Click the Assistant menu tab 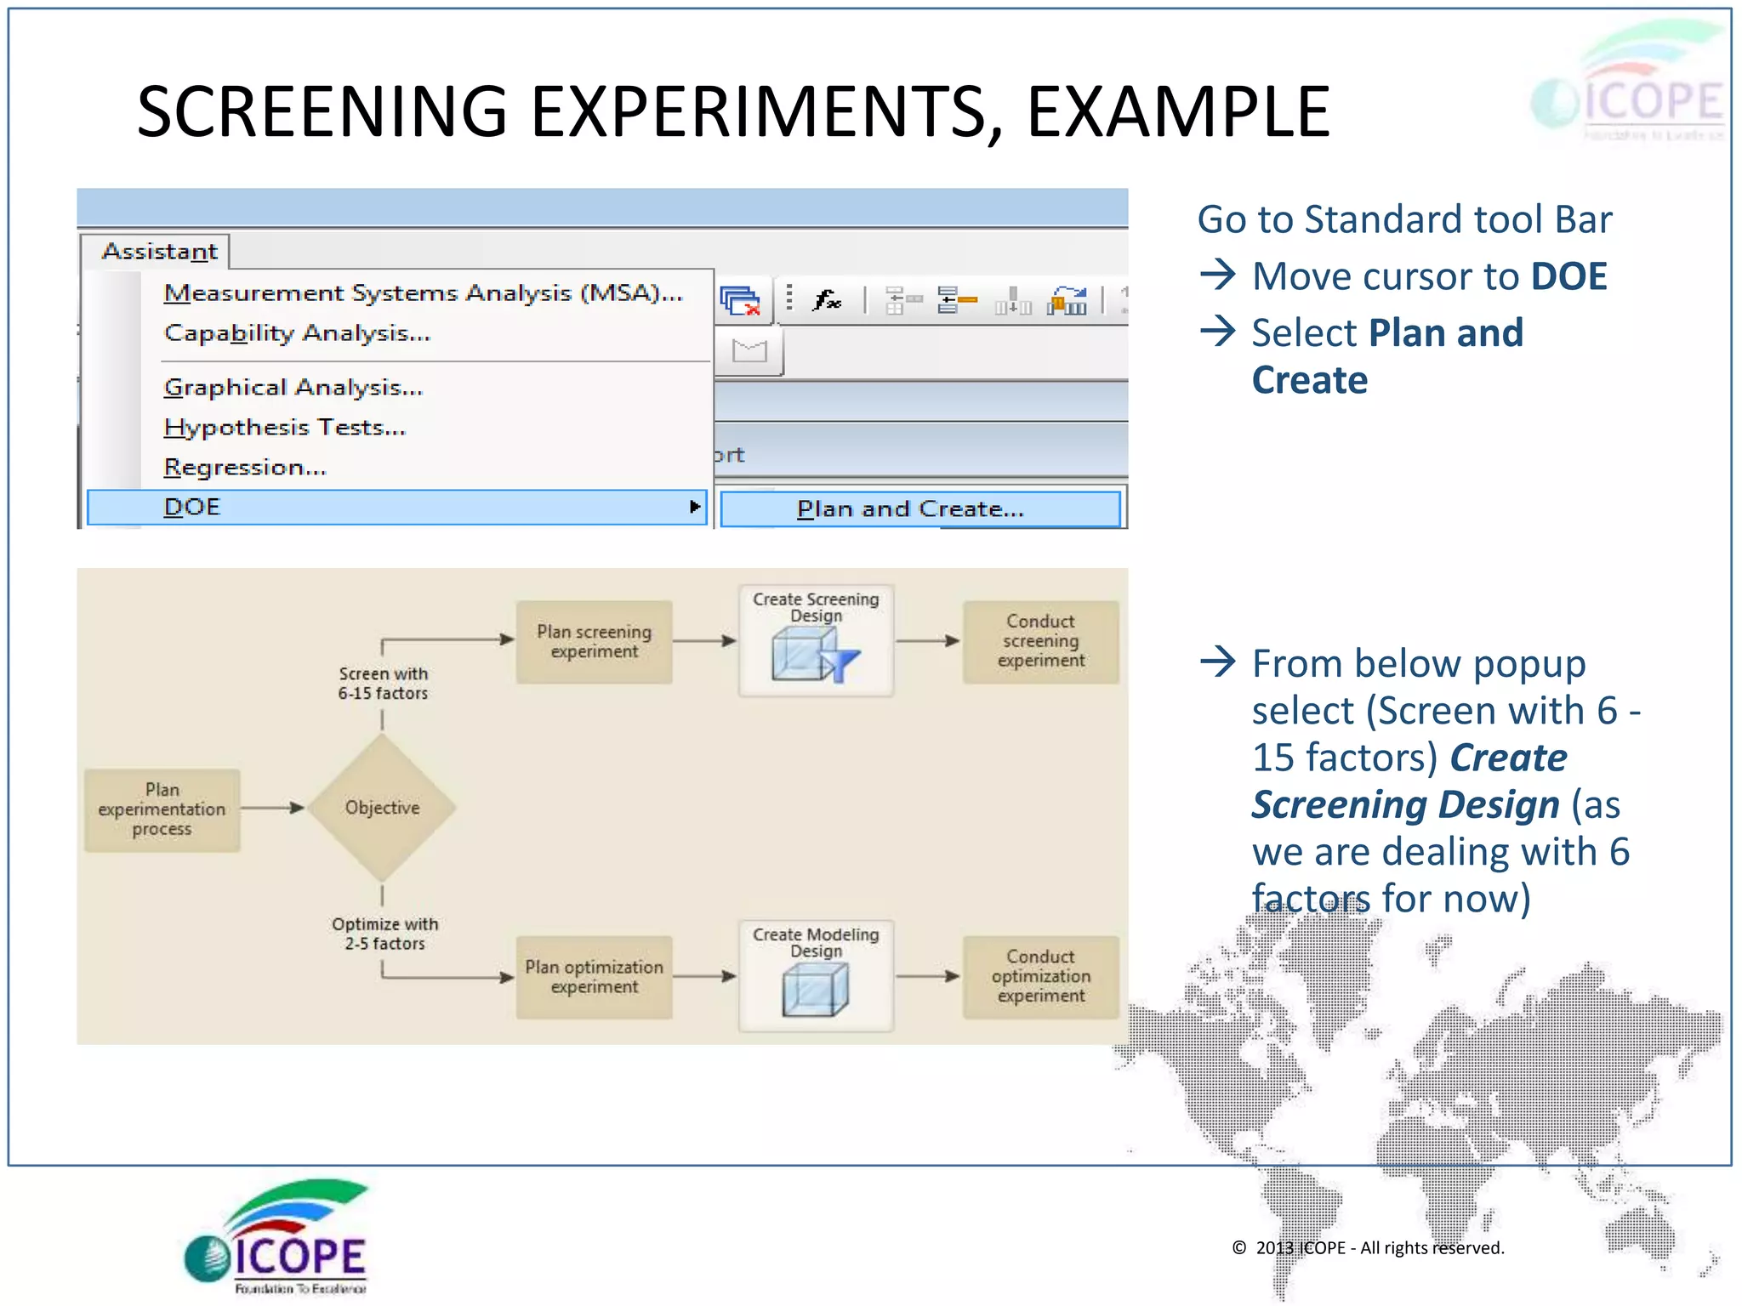pyautogui.click(x=159, y=252)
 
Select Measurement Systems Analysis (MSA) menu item pyautogui.click(x=423, y=293)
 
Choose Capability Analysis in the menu pyautogui.click(x=297, y=333)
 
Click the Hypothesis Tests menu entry pyautogui.click(x=284, y=428)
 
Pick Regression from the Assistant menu pyautogui.click(x=244, y=468)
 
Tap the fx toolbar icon pyautogui.click(x=826, y=299)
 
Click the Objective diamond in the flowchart pyautogui.click(x=382, y=808)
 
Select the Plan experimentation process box pyautogui.click(x=162, y=809)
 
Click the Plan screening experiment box pyautogui.click(x=594, y=642)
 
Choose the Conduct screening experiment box pyautogui.click(x=1040, y=641)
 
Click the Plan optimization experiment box pyautogui.click(x=594, y=977)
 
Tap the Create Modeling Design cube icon pyautogui.click(x=815, y=991)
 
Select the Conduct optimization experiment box pyautogui.click(x=1040, y=976)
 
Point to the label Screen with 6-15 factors pyautogui.click(x=383, y=684)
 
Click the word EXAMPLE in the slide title pyautogui.click(x=1178, y=112)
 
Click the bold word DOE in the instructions pyautogui.click(x=1568, y=277)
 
